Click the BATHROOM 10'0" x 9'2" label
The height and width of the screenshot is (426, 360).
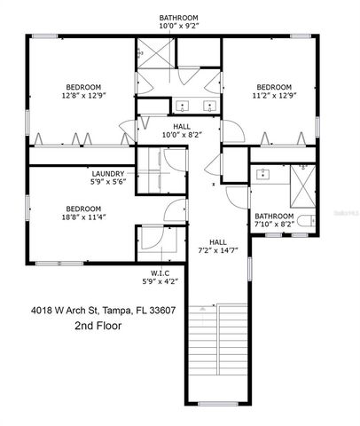point(178,21)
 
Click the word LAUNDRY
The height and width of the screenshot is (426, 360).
point(108,174)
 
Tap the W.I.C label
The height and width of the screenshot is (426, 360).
point(160,272)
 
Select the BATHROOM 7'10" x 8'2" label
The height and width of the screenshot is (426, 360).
point(274,219)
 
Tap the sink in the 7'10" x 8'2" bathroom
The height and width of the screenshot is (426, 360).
point(263,173)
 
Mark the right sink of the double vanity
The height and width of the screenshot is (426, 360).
point(208,104)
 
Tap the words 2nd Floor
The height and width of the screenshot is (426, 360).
point(98,327)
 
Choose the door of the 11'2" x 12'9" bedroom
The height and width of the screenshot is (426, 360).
point(233,132)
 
